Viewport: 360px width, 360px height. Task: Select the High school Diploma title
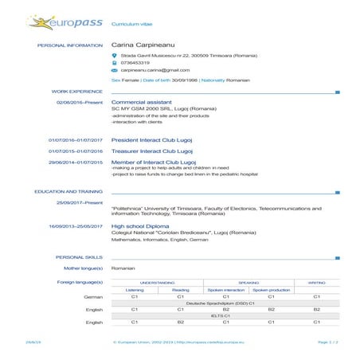click(x=143, y=225)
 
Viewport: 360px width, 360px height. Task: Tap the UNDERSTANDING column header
click(x=157, y=282)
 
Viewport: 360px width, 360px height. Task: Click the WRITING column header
click(x=316, y=282)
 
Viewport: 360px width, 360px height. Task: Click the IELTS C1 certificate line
click(x=226, y=315)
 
